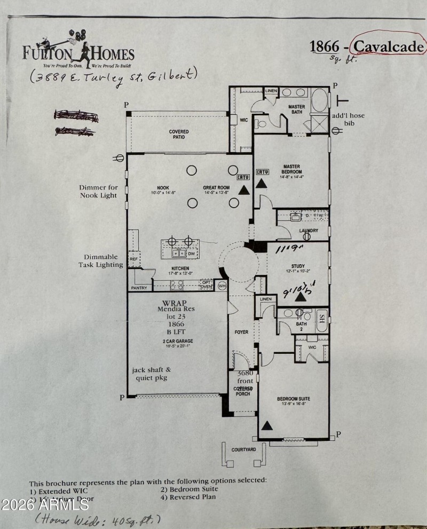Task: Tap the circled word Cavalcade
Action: click(389, 47)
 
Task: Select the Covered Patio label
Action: click(179, 135)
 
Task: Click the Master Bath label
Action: click(296, 109)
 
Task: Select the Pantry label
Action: click(138, 288)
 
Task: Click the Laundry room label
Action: click(309, 231)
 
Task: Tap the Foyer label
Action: click(242, 332)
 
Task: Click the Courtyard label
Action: click(243, 450)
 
